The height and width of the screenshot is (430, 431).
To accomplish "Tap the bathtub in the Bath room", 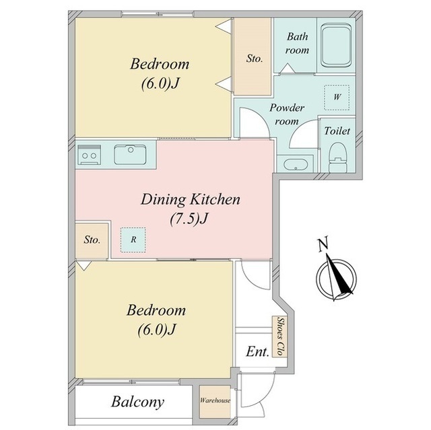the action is [336, 46].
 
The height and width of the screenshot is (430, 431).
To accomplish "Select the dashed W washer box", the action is [337, 98].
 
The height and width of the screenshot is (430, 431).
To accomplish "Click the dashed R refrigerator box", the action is [133, 240].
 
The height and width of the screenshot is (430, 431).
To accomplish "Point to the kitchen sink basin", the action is [130, 155].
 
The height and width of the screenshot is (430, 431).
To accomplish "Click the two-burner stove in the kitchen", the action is [89, 155].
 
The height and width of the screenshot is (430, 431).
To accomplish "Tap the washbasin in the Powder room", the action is [295, 165].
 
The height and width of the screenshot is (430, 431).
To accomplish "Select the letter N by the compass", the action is [323, 244].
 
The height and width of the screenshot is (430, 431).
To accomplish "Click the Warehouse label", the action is [215, 400].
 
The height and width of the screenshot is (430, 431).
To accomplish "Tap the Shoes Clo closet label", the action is [281, 336].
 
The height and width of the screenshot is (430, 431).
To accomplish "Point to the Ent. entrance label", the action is [257, 351].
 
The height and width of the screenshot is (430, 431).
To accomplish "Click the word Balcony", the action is [137, 402].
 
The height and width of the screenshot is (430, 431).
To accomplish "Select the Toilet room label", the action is [337, 131].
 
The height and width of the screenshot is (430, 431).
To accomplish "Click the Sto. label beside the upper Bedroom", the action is [255, 59].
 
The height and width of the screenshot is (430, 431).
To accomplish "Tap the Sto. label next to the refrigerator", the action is [92, 240].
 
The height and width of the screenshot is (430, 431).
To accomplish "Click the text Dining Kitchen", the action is [190, 199].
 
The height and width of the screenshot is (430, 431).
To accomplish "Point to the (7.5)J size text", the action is [189, 219].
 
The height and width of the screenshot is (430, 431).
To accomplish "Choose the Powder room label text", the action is [287, 114].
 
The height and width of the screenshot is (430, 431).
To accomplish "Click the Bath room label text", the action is [297, 43].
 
